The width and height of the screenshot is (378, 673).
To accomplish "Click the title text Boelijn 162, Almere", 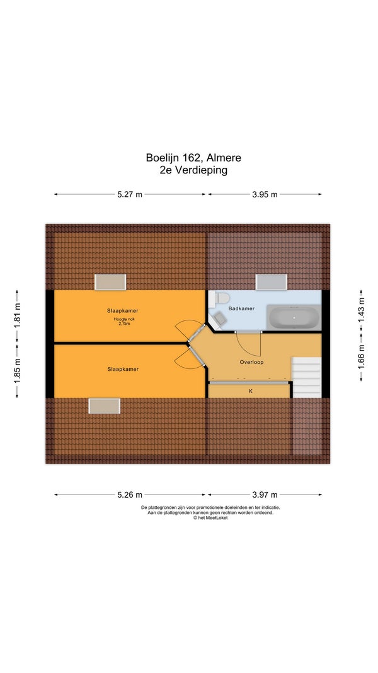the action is [x=193, y=158].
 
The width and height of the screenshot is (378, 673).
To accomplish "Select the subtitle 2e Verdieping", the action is [x=193, y=170].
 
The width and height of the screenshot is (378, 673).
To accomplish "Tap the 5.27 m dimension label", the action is [x=130, y=194].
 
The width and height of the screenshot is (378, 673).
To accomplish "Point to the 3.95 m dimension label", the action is [x=265, y=194].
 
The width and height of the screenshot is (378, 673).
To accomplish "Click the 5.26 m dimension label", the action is [x=130, y=495].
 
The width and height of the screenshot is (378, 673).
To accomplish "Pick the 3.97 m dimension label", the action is [x=265, y=495].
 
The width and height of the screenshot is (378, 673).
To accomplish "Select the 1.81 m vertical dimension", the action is [x=17, y=316].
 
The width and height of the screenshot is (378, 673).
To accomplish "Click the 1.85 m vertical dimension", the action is [x=17, y=370].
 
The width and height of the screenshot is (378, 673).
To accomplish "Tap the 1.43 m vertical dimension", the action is [x=361, y=310].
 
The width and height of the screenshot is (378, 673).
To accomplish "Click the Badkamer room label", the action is [x=241, y=308].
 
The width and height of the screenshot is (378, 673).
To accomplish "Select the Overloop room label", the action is [x=251, y=362].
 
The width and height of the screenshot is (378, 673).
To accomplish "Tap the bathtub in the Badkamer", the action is [x=294, y=317].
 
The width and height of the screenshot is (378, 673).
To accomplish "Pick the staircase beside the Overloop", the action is [x=306, y=377].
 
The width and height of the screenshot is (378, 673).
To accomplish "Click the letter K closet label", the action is [x=251, y=391].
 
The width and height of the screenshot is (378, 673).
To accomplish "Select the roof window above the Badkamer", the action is [x=272, y=282].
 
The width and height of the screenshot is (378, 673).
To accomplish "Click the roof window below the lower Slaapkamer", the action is [x=104, y=406].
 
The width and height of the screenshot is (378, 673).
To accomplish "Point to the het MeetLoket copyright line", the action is [x=210, y=518].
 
